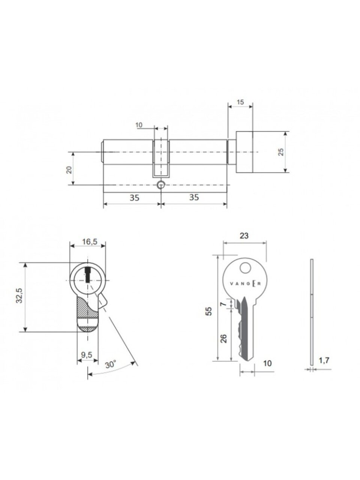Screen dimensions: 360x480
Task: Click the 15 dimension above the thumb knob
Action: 240,102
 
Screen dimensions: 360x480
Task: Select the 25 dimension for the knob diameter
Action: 281,152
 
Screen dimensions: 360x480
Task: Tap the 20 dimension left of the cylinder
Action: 69,170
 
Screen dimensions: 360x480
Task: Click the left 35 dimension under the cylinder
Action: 134,198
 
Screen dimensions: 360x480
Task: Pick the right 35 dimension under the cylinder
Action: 194,197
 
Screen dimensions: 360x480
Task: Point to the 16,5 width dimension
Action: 90,242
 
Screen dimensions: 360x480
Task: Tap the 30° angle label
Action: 110,365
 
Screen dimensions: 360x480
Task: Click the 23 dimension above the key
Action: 244,236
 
